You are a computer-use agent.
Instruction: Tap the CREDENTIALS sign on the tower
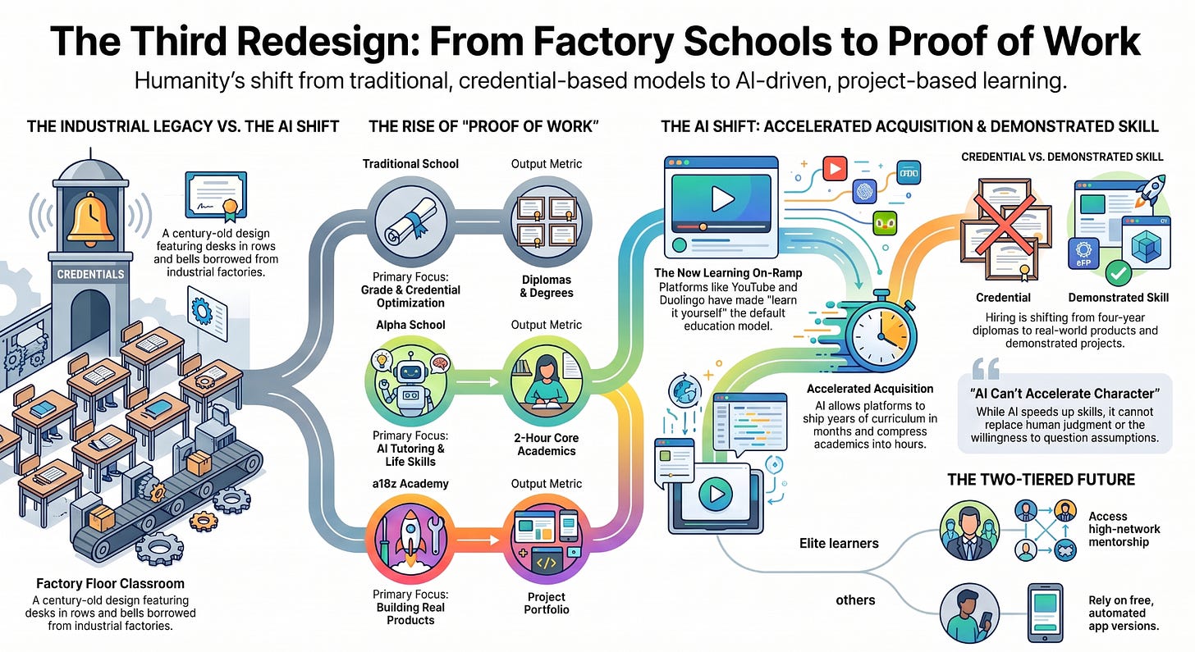point(90,274)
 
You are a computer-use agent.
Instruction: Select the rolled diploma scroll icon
point(410,221)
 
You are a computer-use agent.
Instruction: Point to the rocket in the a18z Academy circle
point(410,535)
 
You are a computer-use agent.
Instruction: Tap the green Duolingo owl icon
point(884,223)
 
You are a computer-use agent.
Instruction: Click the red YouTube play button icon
point(835,168)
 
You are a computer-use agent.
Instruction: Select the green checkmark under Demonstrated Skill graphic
point(1118,273)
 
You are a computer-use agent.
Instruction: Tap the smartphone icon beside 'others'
point(1045,613)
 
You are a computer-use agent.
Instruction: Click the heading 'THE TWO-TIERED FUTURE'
point(1041,479)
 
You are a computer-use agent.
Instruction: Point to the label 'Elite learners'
point(839,543)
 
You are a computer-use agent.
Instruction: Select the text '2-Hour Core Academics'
point(547,444)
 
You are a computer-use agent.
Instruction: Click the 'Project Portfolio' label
point(547,603)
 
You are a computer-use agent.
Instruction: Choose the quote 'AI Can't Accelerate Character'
point(1065,394)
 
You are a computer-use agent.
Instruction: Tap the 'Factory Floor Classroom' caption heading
point(111,583)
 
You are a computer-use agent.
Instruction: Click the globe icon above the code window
point(684,390)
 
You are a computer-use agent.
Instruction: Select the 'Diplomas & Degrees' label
point(547,286)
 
